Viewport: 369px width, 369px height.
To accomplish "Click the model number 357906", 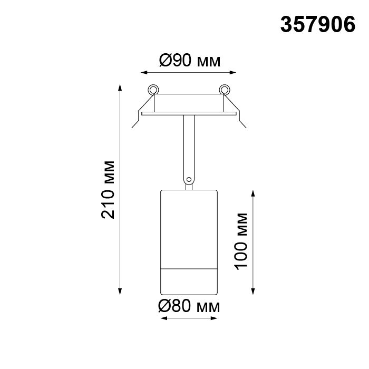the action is coord(318,24).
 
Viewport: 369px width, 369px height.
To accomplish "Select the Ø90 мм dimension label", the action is coord(190,61).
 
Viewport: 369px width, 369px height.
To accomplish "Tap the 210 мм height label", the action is coord(108,190).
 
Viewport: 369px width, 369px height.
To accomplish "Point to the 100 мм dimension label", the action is coord(241,241).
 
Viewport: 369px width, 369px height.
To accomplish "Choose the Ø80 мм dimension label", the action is coord(189,307).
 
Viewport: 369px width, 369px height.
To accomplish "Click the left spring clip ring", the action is coord(153,90).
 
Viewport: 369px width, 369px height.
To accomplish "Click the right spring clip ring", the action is coord(224,90).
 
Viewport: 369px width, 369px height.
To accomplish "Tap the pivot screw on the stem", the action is coord(189,180).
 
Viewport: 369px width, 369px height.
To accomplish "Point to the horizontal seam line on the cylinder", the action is coord(189,268).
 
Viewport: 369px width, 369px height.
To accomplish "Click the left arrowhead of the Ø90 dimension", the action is coord(144,73).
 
